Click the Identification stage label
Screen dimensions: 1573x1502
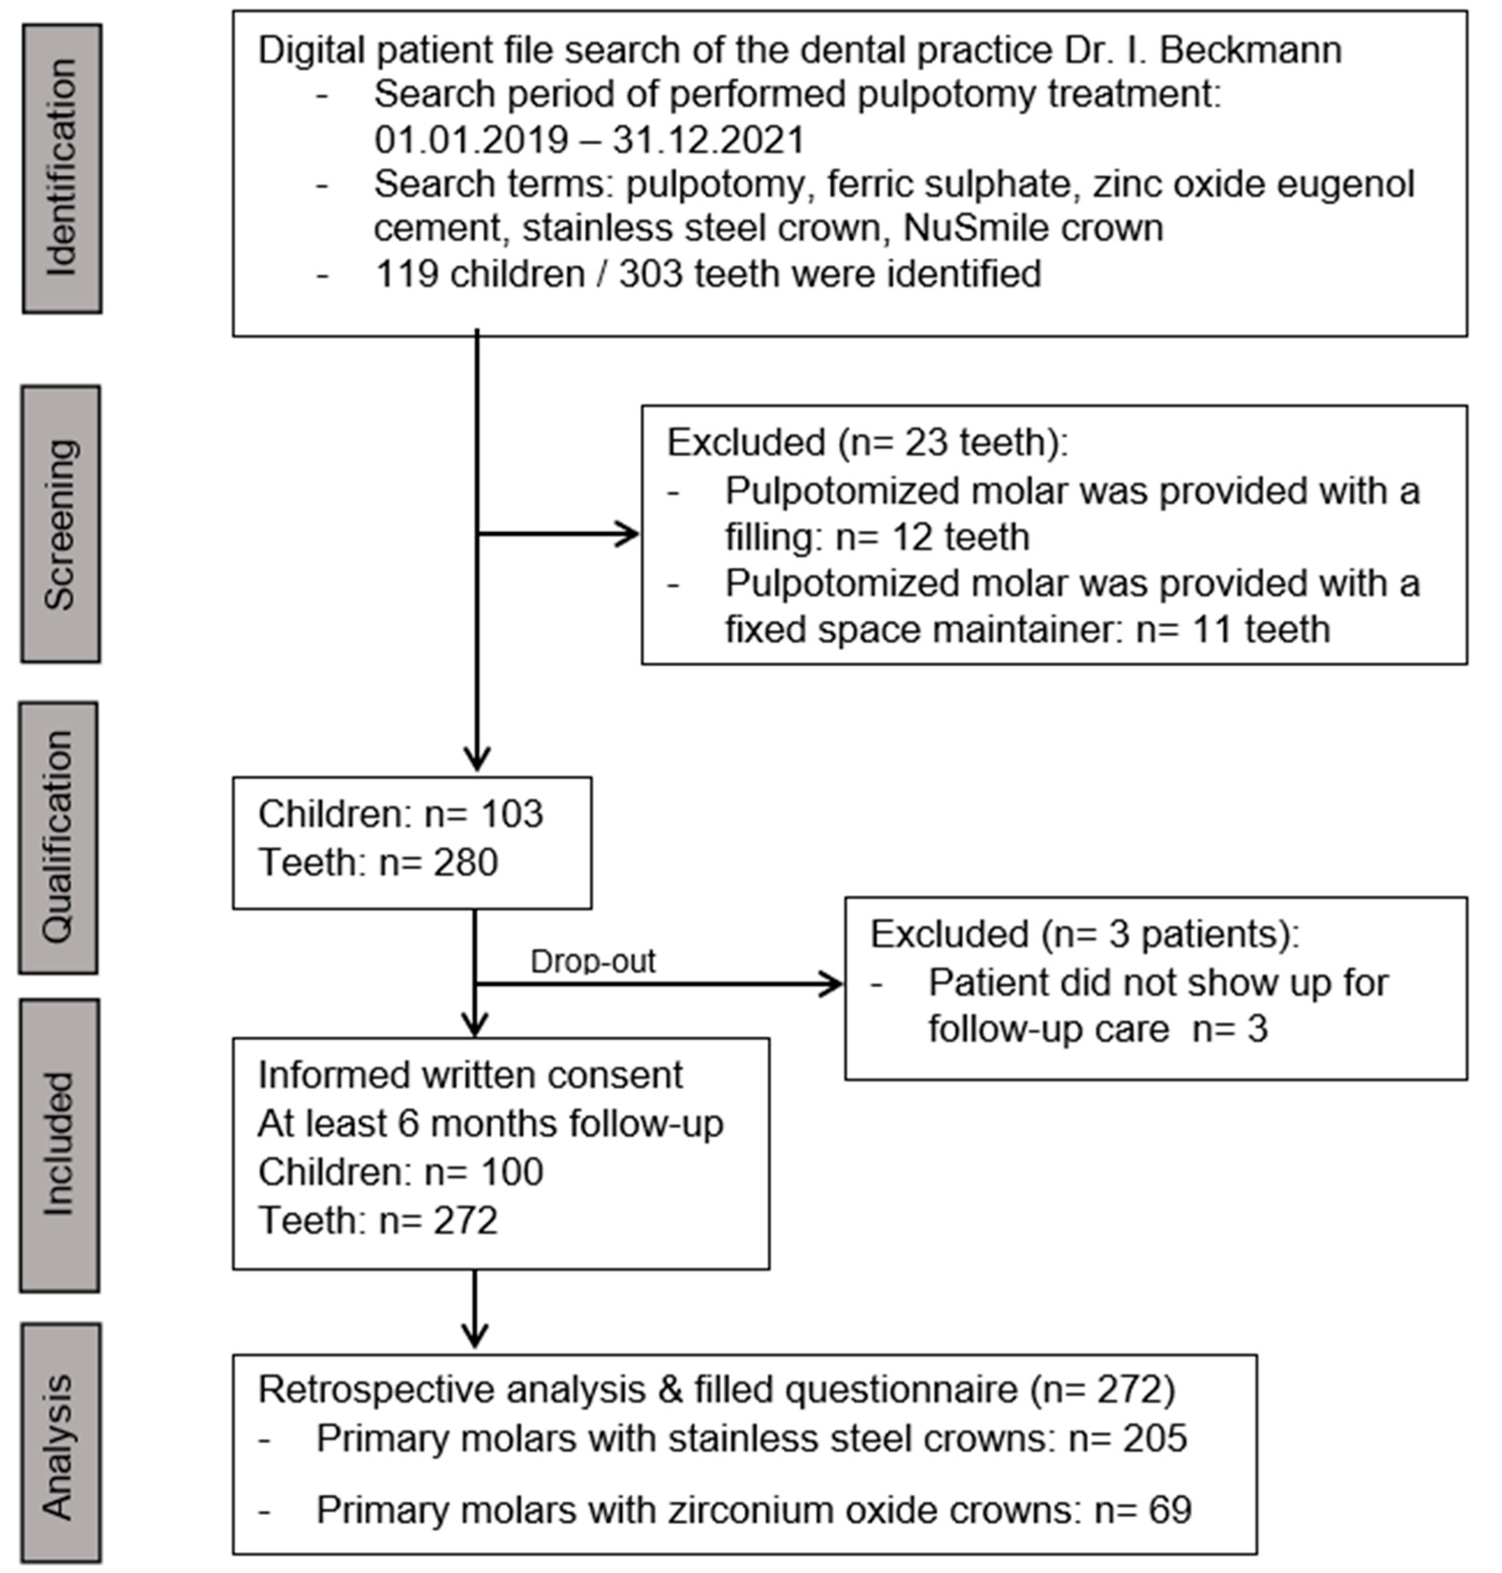point(62,168)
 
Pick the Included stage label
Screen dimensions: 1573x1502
point(59,1144)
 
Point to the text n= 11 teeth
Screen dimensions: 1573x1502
point(1233,628)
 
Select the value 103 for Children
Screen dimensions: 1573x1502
point(512,814)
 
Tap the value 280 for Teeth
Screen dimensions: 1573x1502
point(465,863)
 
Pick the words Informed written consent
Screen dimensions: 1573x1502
point(470,1075)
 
